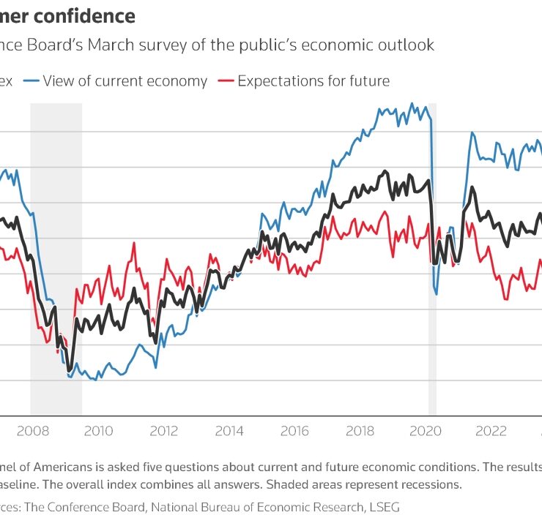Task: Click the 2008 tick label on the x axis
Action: point(33,430)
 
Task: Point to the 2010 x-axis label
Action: point(99,430)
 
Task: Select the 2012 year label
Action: point(164,430)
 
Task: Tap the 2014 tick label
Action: point(229,430)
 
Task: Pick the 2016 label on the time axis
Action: point(294,430)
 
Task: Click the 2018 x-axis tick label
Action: point(360,430)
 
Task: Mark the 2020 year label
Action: point(425,430)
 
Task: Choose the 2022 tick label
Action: point(490,430)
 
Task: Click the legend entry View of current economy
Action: point(125,80)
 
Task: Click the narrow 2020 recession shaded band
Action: point(432,256)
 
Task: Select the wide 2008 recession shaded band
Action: point(56,256)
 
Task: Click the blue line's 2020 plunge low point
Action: point(437,294)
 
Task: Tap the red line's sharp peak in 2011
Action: point(135,242)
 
